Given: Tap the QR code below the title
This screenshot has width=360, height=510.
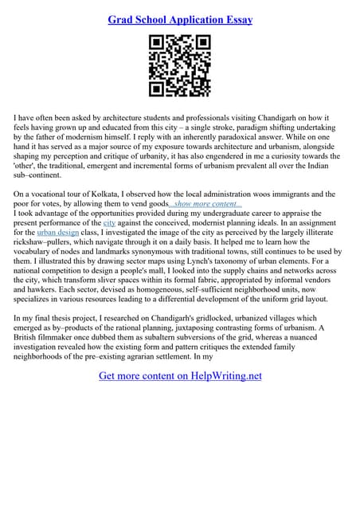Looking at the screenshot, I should [180, 65].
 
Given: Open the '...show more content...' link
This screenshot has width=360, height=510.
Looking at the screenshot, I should [206, 205].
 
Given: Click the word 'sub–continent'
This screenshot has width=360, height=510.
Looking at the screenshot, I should [37, 178].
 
